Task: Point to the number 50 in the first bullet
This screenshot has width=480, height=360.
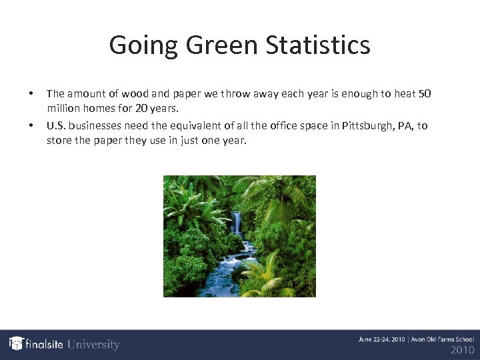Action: (425, 94)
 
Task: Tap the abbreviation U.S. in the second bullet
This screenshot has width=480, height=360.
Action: (56, 125)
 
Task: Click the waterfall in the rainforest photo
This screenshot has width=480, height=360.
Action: (237, 223)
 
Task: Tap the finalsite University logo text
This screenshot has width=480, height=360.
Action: (72, 345)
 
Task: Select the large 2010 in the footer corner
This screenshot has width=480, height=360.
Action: (462, 350)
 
